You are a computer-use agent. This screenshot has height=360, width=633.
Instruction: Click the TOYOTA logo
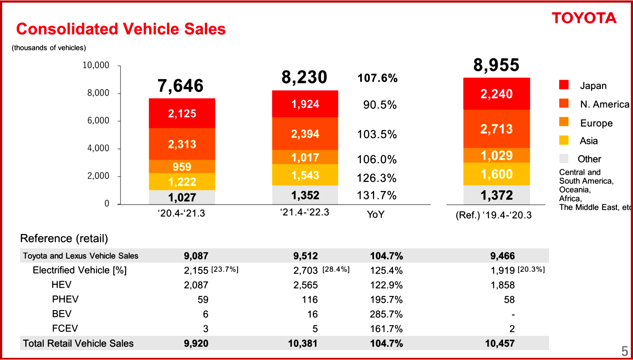click(x=584, y=18)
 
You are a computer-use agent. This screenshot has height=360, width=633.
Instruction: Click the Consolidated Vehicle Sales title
click(x=121, y=29)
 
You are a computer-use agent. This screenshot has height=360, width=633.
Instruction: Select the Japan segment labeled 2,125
click(x=182, y=113)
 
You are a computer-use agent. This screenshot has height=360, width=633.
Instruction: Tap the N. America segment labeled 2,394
click(x=305, y=134)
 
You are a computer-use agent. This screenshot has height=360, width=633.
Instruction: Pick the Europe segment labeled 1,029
click(x=496, y=156)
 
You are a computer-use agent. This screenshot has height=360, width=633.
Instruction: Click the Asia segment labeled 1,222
click(x=182, y=182)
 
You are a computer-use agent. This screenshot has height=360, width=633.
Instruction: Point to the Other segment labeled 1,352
click(x=305, y=195)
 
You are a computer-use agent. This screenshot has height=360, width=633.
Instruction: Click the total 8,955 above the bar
click(x=496, y=65)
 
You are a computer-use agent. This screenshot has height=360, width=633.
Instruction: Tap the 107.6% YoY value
click(x=377, y=79)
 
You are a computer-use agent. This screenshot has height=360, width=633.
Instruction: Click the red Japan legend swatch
click(x=564, y=85)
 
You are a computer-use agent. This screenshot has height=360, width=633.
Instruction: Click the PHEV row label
click(x=65, y=300)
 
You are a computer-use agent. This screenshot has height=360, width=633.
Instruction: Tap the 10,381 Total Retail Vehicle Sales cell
click(x=303, y=343)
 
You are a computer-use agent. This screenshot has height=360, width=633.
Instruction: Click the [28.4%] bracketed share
click(x=336, y=270)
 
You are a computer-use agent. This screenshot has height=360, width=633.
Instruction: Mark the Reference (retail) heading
click(x=64, y=238)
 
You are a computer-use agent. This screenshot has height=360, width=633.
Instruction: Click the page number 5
click(x=624, y=351)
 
